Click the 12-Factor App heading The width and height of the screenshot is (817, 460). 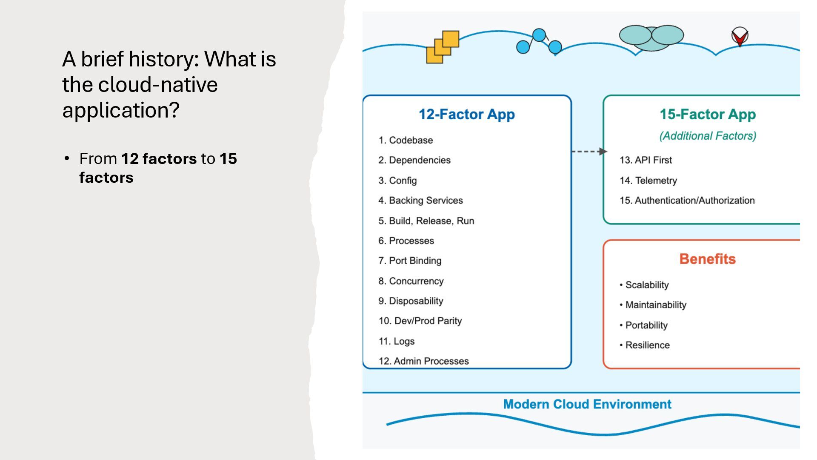coord(466,114)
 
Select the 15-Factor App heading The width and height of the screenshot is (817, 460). coord(708,114)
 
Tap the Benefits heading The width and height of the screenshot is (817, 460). coord(707,259)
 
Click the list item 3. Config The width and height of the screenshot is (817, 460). coord(397,181)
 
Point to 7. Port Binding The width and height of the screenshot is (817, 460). coord(410,261)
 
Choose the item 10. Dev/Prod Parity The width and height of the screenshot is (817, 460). coord(420,321)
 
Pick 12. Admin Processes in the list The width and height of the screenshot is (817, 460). coord(423,361)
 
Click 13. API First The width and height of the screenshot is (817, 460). coord(646,160)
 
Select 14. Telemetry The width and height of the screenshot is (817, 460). coord(648,181)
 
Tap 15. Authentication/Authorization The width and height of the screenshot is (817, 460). coord(687,201)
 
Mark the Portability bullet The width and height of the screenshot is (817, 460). coord(644,325)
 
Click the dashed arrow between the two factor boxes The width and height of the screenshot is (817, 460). coord(588,151)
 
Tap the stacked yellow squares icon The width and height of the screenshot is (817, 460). coord(443,47)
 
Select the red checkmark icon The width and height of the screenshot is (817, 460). coord(740,37)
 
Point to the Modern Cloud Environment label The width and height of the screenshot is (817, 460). coord(587,404)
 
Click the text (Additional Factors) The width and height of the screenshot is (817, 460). coord(708,136)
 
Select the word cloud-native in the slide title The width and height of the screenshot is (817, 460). coord(158,85)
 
